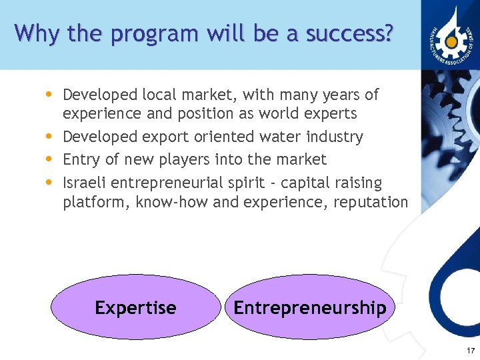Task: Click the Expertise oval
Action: point(136,307)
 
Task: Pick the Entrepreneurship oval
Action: point(309,307)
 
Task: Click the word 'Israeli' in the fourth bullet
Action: point(85,182)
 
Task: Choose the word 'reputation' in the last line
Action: point(371,202)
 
